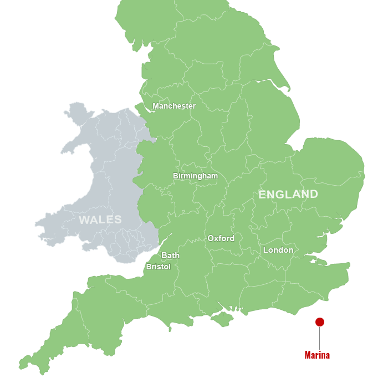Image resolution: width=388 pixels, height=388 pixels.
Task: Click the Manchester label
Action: coord(174,106)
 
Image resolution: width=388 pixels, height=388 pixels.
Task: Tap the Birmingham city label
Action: coord(195,176)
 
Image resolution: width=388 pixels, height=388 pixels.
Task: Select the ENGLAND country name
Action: coord(288,195)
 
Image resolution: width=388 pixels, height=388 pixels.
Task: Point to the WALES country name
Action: coord(100,219)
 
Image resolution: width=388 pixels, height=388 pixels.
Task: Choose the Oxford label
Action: coord(221,238)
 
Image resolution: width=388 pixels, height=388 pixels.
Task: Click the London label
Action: coord(278,250)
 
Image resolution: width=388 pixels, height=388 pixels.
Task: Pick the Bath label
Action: coord(170,256)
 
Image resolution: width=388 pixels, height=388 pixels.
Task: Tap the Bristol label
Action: coord(158,267)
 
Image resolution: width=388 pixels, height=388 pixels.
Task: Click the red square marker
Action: coord(320,322)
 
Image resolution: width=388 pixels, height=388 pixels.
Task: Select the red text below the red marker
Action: coord(317,355)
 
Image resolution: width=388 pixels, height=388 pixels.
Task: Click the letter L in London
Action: coord(266,250)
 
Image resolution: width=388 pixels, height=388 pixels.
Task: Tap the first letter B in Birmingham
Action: coord(175,176)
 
